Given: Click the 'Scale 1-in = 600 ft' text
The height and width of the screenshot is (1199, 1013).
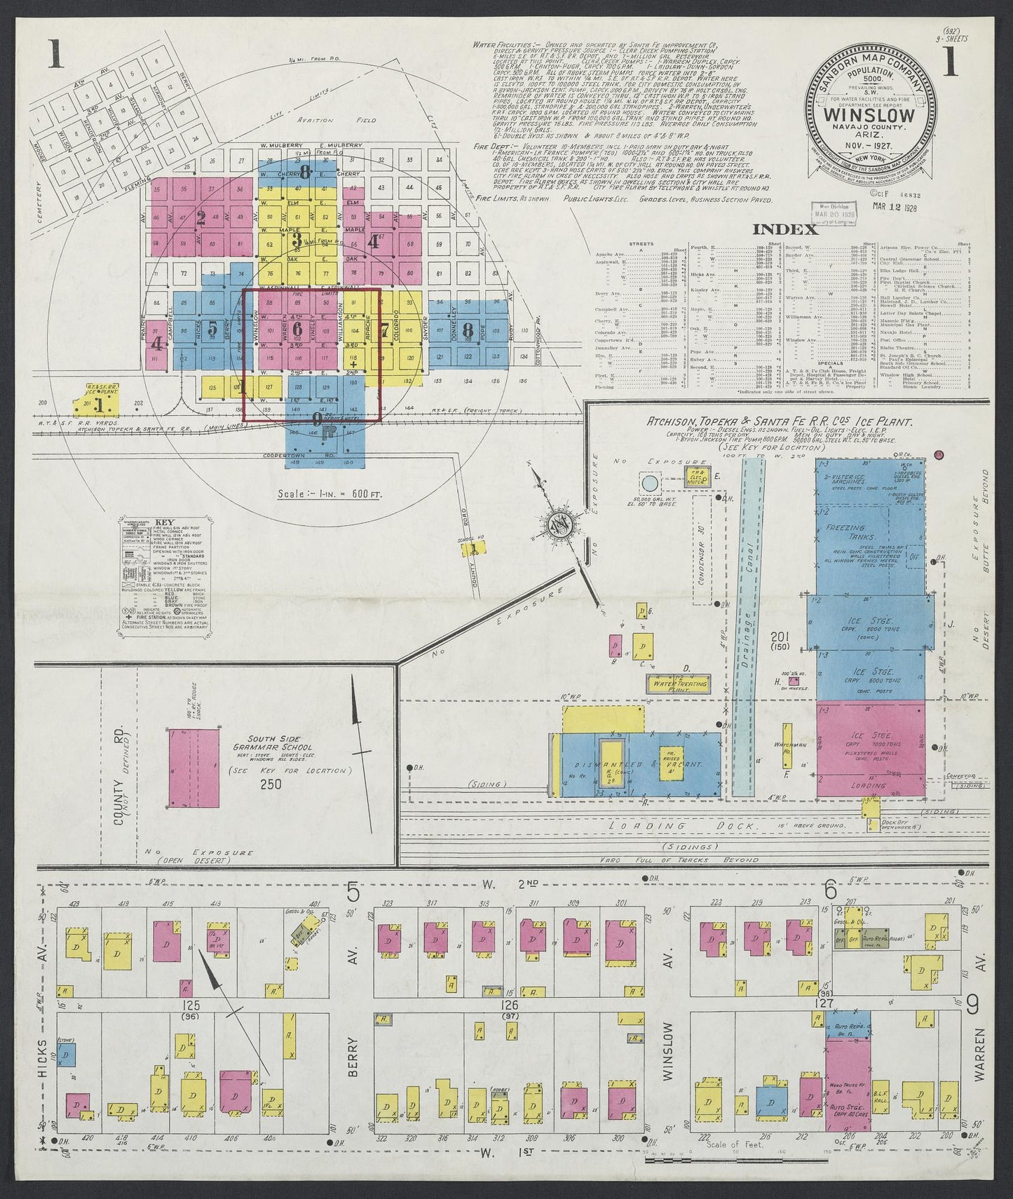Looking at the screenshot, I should click(x=329, y=494).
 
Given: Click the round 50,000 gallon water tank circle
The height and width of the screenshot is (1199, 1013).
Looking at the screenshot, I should click(x=649, y=483).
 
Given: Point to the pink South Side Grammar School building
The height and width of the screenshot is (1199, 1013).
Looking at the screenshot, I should click(x=194, y=768).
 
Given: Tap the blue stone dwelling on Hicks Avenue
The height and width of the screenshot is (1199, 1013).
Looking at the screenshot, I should click(x=67, y=1053).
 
